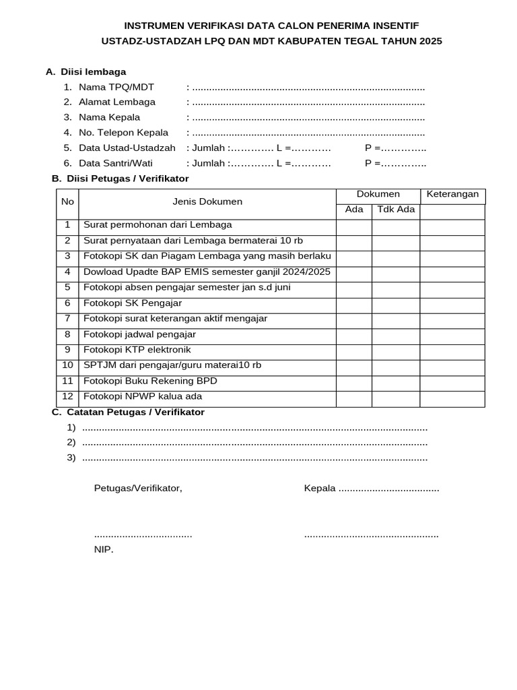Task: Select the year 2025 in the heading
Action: (429, 41)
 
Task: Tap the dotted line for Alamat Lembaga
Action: (308, 102)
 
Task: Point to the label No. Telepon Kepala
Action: (123, 133)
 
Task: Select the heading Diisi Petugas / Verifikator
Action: (127, 179)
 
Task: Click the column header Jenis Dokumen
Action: (207, 201)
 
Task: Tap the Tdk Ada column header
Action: (396, 210)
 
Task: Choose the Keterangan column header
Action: (452, 194)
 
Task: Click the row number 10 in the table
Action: (67, 365)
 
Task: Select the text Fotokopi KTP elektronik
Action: (137, 350)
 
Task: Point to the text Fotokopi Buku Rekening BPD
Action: (150, 381)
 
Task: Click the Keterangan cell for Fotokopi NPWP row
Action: (452, 399)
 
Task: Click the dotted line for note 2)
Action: (254, 443)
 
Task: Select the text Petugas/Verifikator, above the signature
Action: (138, 488)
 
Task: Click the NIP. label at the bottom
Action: (104, 550)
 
